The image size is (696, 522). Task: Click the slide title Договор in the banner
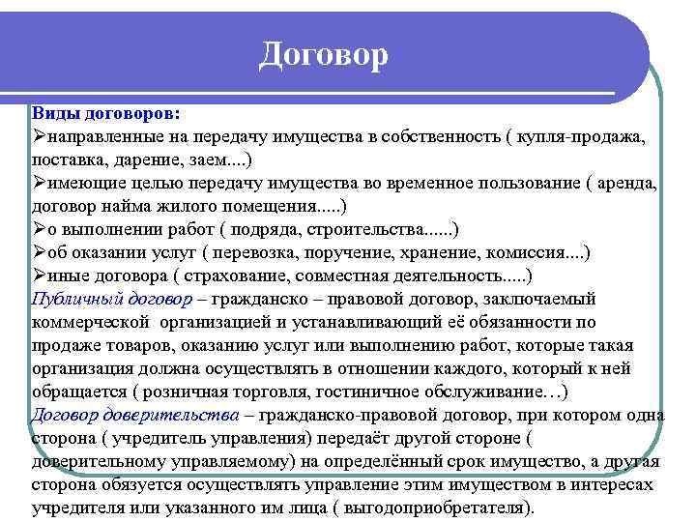click(x=323, y=54)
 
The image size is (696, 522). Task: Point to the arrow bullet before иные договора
click(x=39, y=275)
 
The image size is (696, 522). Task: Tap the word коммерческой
click(x=91, y=322)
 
